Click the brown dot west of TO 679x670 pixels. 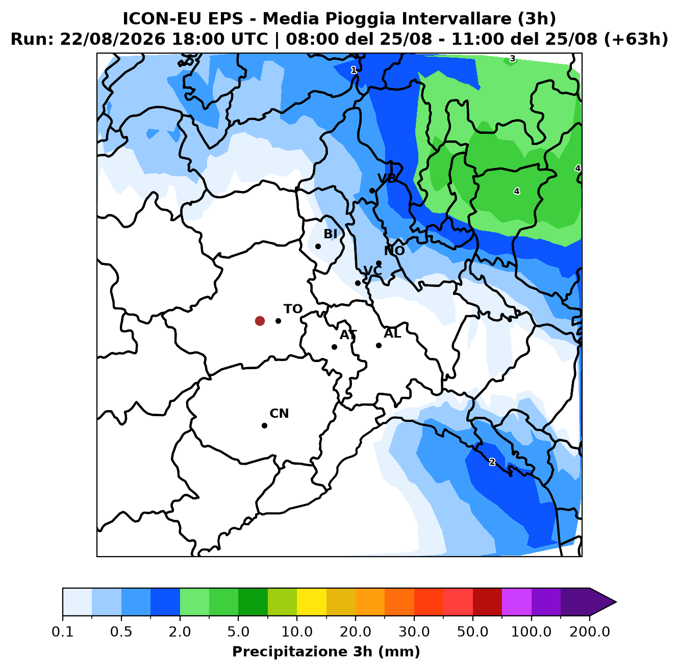tap(260, 321)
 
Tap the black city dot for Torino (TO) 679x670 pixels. tap(278, 321)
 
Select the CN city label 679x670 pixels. tap(279, 413)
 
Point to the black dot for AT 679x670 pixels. tap(334, 347)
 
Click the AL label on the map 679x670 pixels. tap(392, 333)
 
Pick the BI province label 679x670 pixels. tap(330, 233)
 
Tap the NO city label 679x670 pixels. tap(394, 251)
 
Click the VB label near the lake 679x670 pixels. tap(387, 178)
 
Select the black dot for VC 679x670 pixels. tap(358, 283)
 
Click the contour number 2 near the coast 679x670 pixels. tap(492, 462)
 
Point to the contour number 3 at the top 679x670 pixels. tap(513, 59)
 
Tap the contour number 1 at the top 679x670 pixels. tap(354, 70)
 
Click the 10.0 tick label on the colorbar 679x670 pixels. tap(297, 631)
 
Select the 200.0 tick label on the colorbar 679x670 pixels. tap(590, 631)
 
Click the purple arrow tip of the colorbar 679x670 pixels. tap(616, 602)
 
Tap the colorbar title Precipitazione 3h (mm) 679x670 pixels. tap(326, 651)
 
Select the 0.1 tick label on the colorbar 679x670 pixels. tap(63, 631)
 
